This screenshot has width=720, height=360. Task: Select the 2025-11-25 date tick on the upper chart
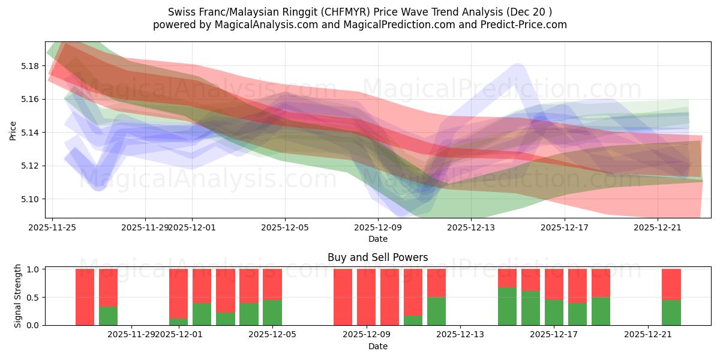click(x=52, y=227)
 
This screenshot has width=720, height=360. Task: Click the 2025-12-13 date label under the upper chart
click(x=471, y=227)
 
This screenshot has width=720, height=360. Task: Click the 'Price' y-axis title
click(x=13, y=130)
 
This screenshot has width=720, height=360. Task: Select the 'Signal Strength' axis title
click(x=18, y=296)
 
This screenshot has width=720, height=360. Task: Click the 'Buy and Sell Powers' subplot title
click(x=377, y=257)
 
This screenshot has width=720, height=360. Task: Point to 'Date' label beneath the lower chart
click(x=377, y=346)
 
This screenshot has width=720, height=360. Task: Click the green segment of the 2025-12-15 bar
click(x=507, y=307)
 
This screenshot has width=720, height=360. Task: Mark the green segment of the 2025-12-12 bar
click(x=436, y=311)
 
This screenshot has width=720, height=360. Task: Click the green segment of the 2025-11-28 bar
click(x=108, y=316)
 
